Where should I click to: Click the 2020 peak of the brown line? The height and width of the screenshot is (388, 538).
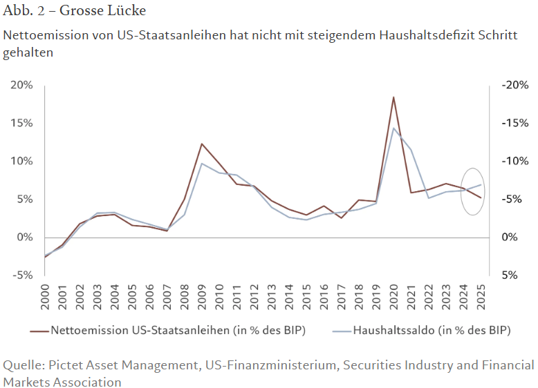point(393,97)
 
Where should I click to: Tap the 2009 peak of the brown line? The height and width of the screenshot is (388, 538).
point(201,144)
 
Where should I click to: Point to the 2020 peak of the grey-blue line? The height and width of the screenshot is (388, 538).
point(393,128)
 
